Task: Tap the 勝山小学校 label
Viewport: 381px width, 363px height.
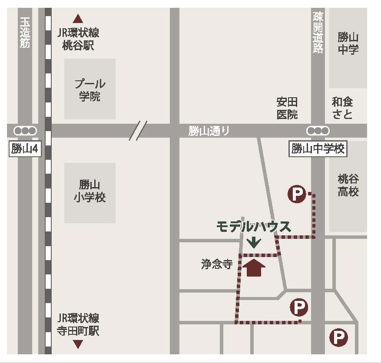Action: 90,191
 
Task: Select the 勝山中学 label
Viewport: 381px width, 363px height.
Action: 348,43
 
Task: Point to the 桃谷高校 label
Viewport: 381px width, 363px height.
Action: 348,185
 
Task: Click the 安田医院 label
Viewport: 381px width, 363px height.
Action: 287,108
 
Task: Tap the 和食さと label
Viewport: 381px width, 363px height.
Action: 342,108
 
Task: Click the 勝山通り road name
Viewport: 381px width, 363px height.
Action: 209,131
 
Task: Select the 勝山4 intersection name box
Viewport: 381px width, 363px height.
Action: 25,149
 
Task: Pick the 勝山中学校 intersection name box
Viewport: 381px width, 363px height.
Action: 318,149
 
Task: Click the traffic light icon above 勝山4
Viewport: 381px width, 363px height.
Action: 25,130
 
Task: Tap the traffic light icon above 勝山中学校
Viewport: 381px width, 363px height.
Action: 318,130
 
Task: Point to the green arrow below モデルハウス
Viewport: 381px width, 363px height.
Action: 254,242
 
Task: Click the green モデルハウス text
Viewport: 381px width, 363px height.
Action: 254,227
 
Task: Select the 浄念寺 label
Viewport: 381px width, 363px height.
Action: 217,264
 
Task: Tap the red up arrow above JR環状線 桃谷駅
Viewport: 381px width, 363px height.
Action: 78,19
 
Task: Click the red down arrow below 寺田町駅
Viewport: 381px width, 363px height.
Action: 78,344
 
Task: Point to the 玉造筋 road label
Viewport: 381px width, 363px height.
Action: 25,33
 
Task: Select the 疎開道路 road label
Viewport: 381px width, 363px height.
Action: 318,33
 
